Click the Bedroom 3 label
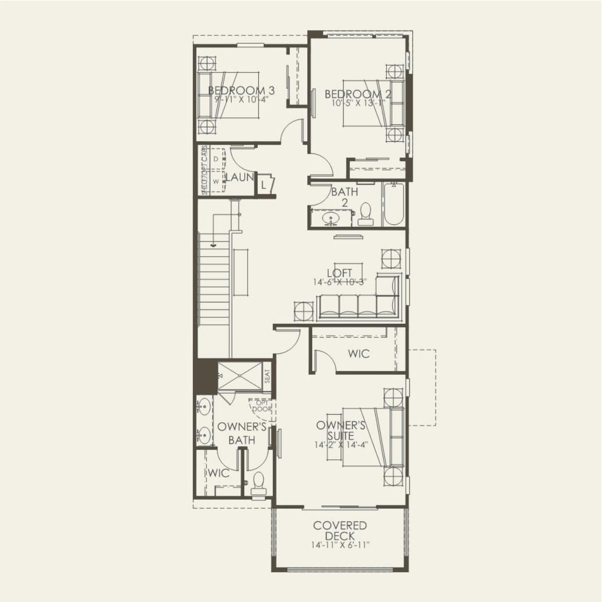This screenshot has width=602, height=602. point(241,90)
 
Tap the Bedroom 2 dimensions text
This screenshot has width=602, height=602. point(358,103)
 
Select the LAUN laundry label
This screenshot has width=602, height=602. point(239,178)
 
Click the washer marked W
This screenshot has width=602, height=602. point(216,181)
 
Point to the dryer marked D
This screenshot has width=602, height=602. point(216,159)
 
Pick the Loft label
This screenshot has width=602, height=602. point(339,273)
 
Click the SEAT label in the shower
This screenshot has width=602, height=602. point(267,376)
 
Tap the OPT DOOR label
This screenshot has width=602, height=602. point(262,406)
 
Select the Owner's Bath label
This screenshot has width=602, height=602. point(242,433)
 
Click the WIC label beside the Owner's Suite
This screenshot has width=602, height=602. point(358,353)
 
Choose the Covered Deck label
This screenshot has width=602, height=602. point(340,530)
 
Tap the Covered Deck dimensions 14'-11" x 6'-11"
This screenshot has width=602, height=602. point(340,545)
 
